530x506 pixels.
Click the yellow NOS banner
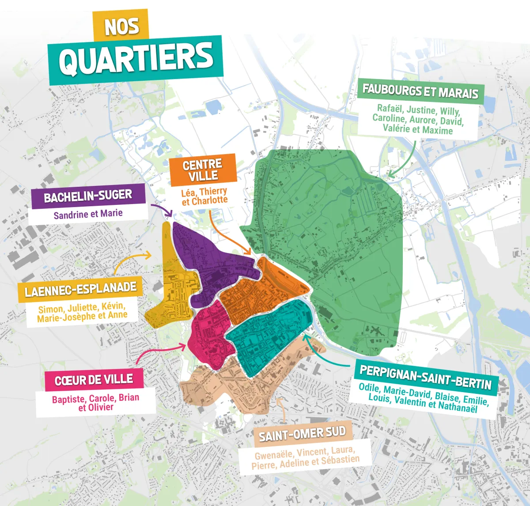click(121, 26)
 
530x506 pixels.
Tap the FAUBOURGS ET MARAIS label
click(420, 91)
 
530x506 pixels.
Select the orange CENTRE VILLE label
click(203, 170)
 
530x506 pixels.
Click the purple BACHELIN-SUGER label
click(88, 196)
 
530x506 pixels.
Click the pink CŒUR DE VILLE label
click(94, 380)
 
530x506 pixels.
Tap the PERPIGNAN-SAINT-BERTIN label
click(426, 378)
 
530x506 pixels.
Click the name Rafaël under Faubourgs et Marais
click(390, 108)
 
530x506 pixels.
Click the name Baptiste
click(68, 399)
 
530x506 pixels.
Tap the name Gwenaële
click(273, 455)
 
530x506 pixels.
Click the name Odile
click(369, 387)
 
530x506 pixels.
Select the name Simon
click(50, 309)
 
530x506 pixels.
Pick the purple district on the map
click(208, 261)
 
